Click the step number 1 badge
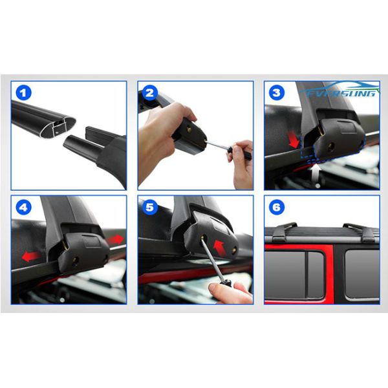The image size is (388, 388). [24, 92]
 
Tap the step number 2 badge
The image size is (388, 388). [150, 92]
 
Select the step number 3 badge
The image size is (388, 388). [276, 92]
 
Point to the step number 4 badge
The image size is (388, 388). [24, 207]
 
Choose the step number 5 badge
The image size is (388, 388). [150, 207]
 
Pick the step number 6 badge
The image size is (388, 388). [276, 207]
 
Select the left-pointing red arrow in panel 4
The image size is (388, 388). [30, 256]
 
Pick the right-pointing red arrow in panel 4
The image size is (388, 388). [115, 239]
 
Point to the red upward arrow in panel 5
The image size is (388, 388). [219, 248]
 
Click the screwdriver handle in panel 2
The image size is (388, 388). [240, 153]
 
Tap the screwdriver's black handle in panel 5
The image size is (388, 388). [226, 282]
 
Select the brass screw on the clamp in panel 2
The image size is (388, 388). [190, 129]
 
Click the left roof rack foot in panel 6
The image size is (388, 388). [284, 232]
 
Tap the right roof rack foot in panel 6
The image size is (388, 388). [362, 233]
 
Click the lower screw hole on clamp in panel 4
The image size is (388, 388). [76, 261]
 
